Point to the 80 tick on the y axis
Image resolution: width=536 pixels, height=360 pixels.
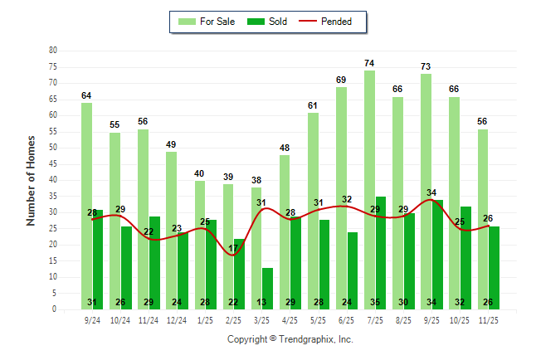53,51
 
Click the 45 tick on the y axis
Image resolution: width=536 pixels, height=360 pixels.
53,163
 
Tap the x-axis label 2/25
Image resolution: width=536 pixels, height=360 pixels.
234,319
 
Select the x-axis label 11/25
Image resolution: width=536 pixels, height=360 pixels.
489,319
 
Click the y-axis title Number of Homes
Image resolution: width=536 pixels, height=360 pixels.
32,180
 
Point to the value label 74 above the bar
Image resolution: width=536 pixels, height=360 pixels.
369,63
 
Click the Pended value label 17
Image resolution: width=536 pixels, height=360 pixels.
234,248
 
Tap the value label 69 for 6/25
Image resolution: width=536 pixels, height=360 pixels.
341,80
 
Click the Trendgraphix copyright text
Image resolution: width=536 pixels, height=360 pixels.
290,339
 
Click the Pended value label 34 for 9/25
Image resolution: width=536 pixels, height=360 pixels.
431,193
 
